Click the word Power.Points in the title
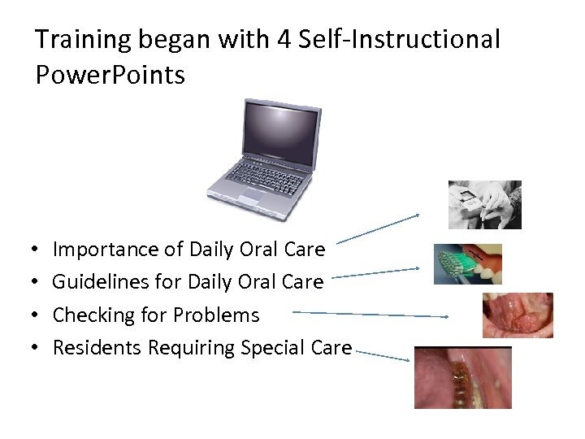(x=110, y=76)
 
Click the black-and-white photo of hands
(x=484, y=205)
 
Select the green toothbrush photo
(x=467, y=263)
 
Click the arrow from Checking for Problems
(x=370, y=314)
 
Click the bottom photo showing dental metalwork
(x=462, y=377)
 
